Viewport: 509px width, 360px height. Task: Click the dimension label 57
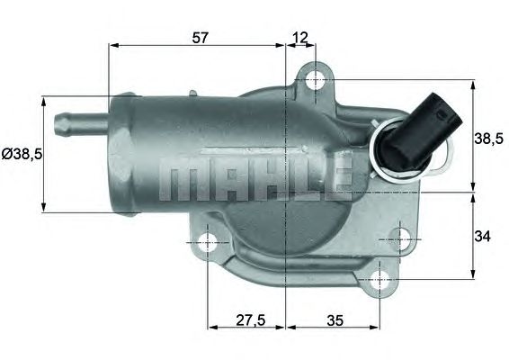tap(201, 37)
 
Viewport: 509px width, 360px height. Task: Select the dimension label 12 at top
tap(300, 37)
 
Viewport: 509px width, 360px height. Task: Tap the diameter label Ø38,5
tap(22, 154)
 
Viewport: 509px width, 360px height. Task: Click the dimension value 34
tap(483, 237)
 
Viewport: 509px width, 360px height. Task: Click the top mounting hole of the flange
tap(314, 80)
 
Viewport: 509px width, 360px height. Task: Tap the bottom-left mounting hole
tap(208, 242)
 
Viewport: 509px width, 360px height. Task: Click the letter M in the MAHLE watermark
tap(177, 180)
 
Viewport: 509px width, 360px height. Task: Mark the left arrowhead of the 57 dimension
tap(112, 45)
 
